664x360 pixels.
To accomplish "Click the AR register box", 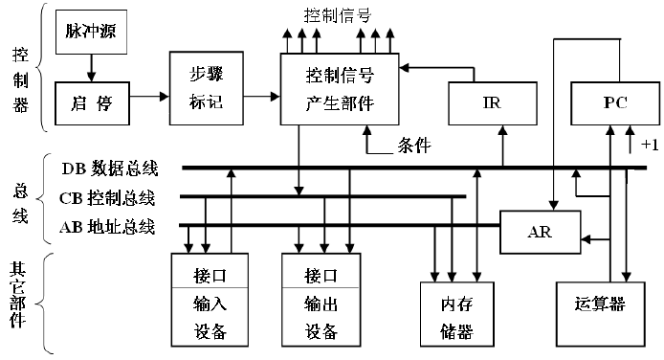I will (541, 232).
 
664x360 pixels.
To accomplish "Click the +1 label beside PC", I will (650, 145).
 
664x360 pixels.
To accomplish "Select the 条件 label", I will (413, 147).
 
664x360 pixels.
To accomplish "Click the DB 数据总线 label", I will (109, 169).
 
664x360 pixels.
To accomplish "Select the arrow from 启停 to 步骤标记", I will (144, 96).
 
